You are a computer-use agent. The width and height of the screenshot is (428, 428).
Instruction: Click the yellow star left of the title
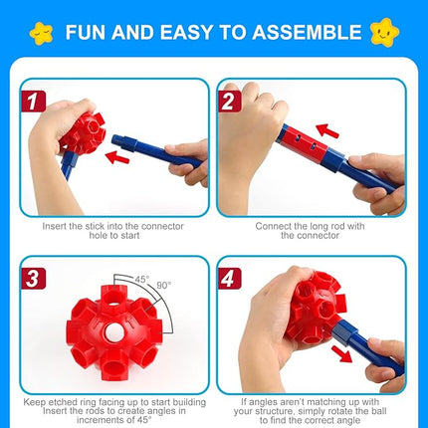tap(41, 31)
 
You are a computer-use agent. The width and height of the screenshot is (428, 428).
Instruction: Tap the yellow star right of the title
tap(386, 31)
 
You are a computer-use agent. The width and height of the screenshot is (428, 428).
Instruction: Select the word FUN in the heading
tap(89, 31)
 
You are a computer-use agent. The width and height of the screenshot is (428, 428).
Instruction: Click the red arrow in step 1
tap(121, 157)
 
